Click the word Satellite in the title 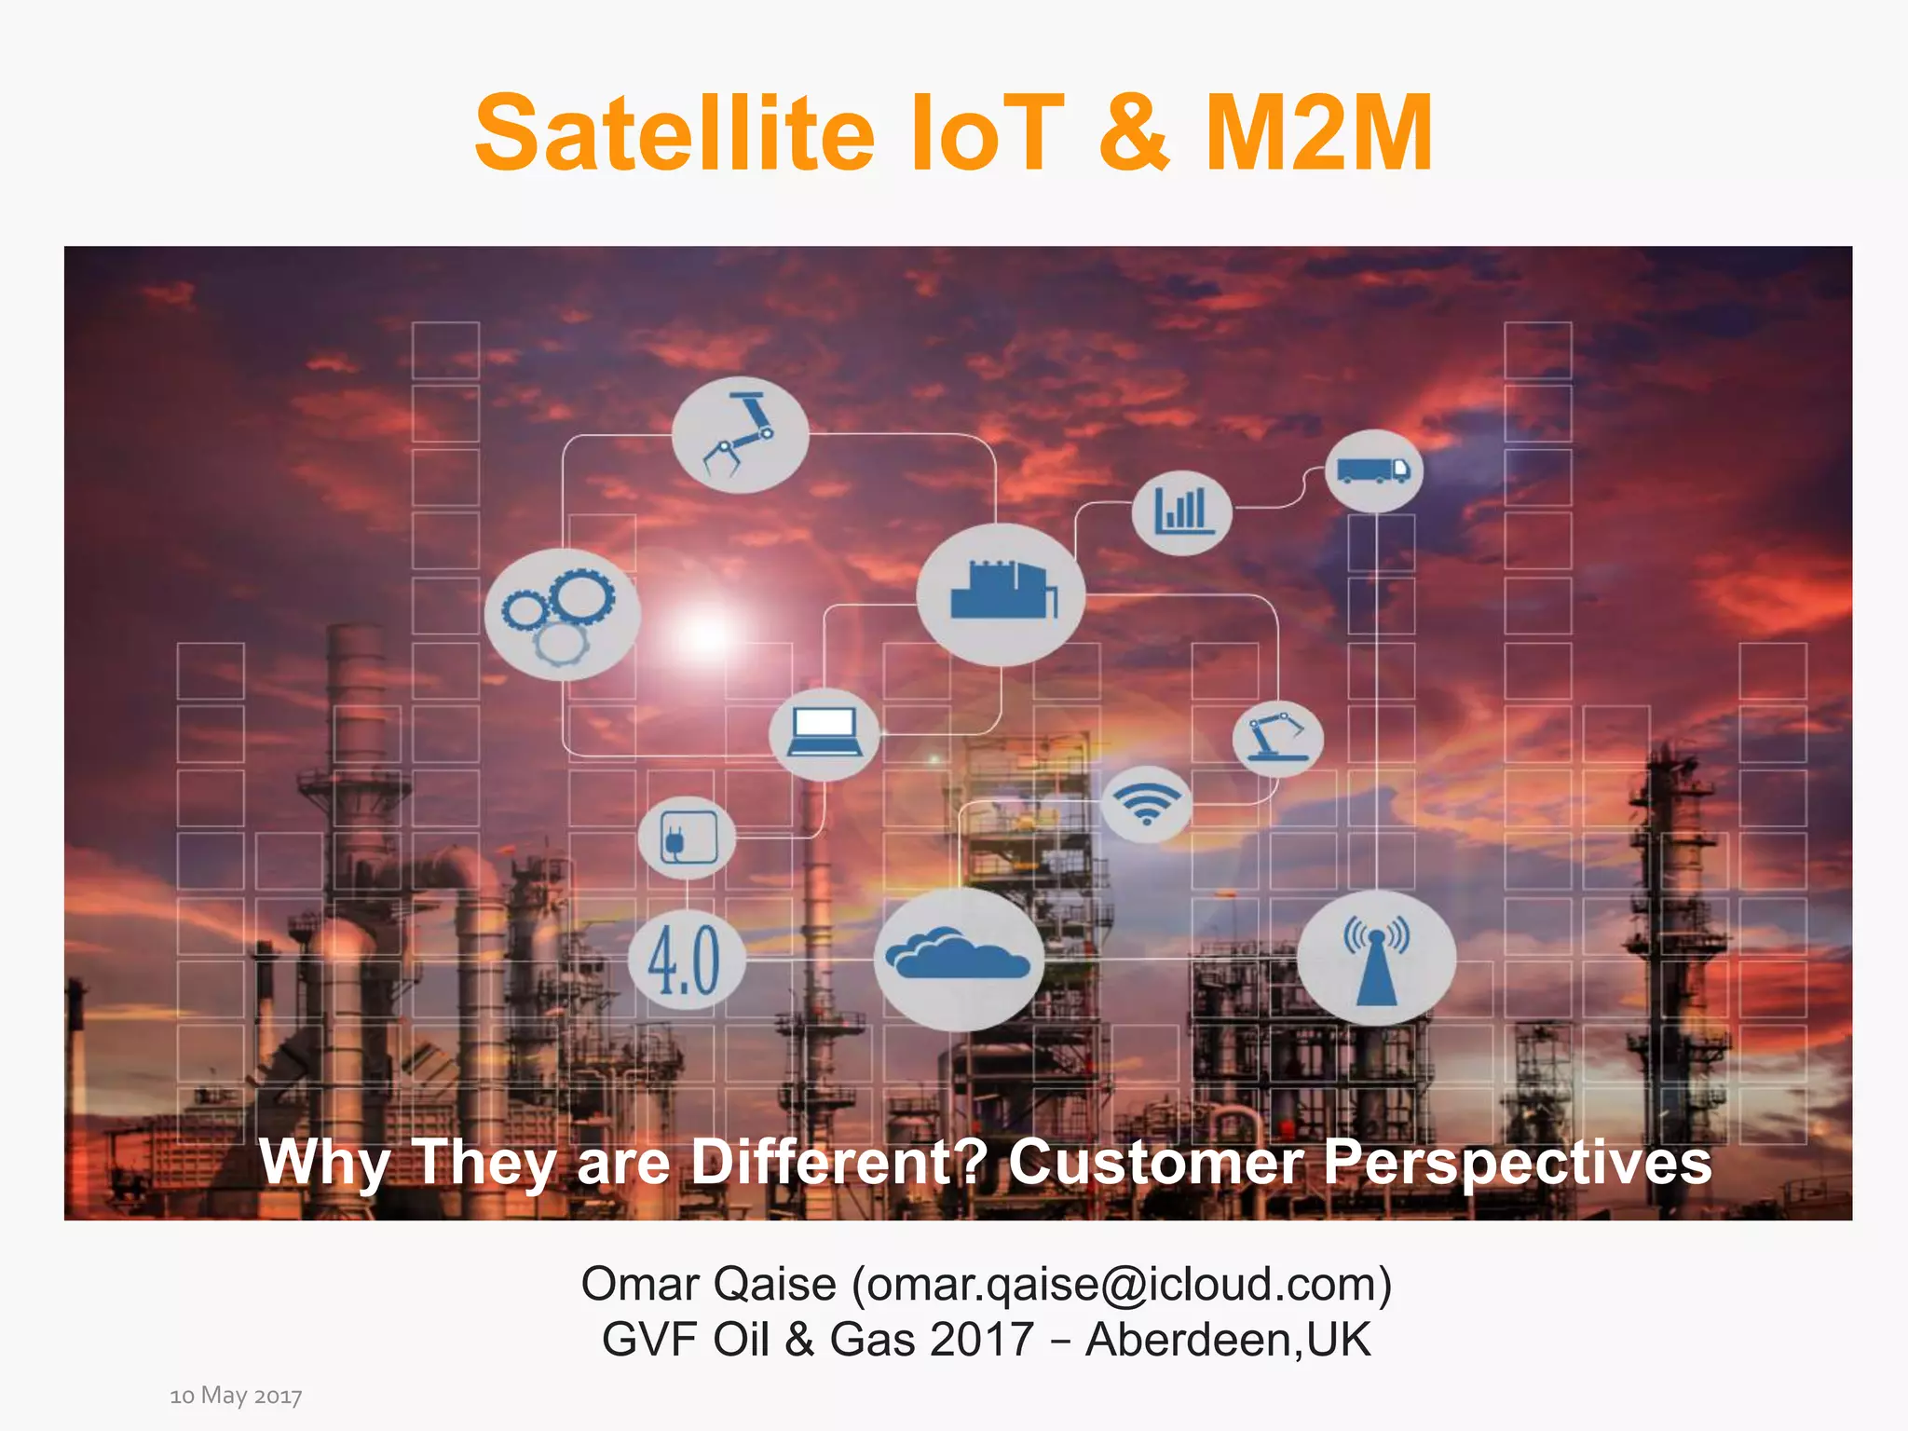(x=675, y=134)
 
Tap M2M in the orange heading (x=1317, y=134)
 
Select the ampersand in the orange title (x=1133, y=134)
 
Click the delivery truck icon (x=1373, y=470)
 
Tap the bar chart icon (x=1182, y=512)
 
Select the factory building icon (x=1001, y=593)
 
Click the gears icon (x=562, y=613)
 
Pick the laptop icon (x=824, y=733)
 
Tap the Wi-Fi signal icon (x=1146, y=803)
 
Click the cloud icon (x=959, y=958)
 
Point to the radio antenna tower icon (x=1376, y=958)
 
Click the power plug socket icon (x=688, y=837)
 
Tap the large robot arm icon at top (x=740, y=434)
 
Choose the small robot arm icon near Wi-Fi (x=1276, y=738)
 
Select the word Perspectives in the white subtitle (x=1517, y=1162)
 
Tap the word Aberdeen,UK (x=1228, y=1340)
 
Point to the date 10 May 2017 (x=236, y=1395)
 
